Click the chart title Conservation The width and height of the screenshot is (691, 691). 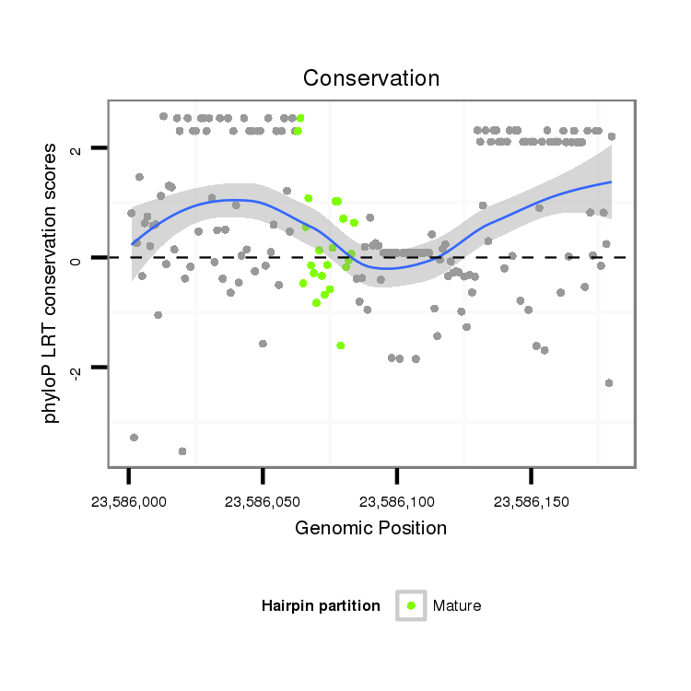pos(371,77)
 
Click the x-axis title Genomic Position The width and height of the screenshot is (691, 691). pos(370,529)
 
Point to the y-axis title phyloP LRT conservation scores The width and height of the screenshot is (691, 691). pos(52,284)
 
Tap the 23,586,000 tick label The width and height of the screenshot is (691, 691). pos(129,502)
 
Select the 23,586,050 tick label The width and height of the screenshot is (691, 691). pos(263,502)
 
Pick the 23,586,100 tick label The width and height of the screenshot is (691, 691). pos(397,502)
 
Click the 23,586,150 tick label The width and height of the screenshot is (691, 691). pos(531,502)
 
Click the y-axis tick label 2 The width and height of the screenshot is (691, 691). pos(76,148)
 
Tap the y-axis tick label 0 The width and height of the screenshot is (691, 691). pos(76,258)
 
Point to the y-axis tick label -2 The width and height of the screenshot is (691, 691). pos(76,369)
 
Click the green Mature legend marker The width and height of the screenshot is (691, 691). pos(411,605)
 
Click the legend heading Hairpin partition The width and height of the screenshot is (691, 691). pos(321,606)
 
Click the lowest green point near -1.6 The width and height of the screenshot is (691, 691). pos(341,345)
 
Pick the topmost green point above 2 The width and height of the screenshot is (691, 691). pos(300,118)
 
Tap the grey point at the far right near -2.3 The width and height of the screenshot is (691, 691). pos(609,383)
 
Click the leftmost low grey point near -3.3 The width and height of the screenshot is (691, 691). pos(135,438)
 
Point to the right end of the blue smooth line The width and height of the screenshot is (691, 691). pos(612,182)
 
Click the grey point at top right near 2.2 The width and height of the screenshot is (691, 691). pos(612,136)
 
